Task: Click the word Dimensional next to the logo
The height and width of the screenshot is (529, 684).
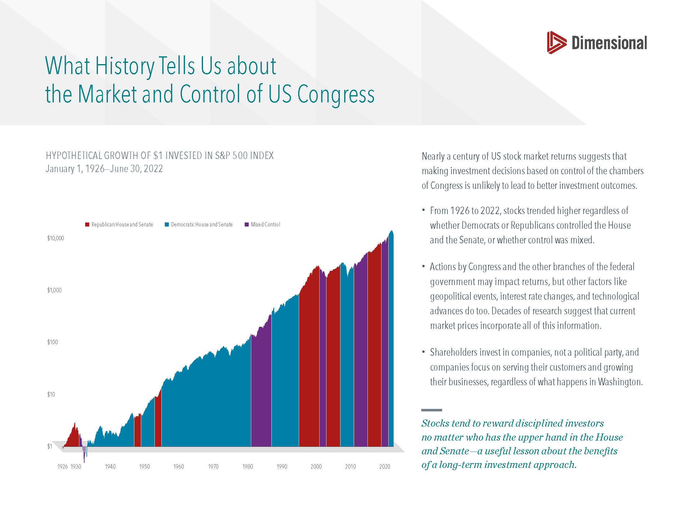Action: [x=609, y=43]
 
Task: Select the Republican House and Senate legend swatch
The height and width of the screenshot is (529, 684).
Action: [x=87, y=225]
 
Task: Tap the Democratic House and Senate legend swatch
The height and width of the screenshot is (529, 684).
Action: [x=167, y=225]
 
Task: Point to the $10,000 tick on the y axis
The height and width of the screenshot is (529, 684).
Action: [x=55, y=238]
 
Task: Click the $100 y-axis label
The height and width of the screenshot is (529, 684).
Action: [x=53, y=342]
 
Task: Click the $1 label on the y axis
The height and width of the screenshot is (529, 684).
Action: [x=49, y=447]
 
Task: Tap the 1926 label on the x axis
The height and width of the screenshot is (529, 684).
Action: [x=62, y=467]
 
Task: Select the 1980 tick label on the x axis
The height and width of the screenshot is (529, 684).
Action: [x=247, y=467]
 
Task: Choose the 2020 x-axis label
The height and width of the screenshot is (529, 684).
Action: [x=385, y=467]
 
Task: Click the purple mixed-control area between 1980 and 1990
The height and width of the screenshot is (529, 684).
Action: [x=261, y=392]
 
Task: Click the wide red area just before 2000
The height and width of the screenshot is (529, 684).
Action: [x=309, y=360]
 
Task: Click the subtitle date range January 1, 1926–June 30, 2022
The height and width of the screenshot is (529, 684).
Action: [x=104, y=169]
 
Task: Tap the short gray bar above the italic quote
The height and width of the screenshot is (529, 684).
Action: [x=432, y=410]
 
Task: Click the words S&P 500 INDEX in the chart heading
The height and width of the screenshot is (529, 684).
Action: [x=244, y=156]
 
